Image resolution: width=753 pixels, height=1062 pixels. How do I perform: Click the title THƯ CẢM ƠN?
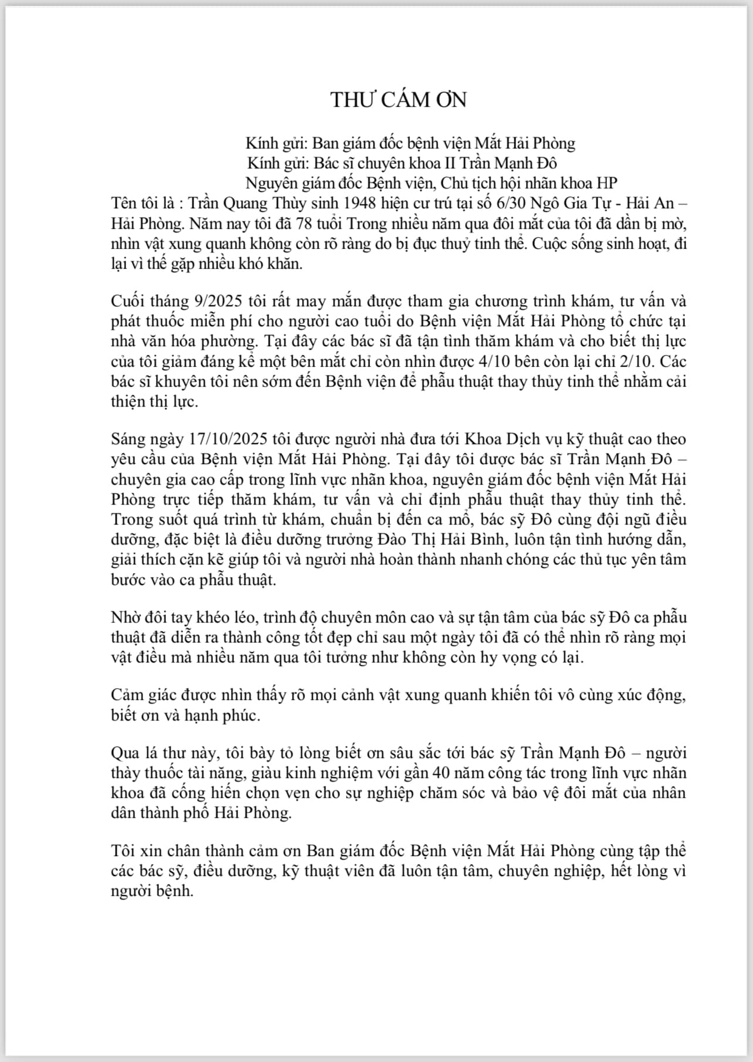[398, 100]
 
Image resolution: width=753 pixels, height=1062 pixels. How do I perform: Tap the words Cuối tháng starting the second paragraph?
[148, 302]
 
